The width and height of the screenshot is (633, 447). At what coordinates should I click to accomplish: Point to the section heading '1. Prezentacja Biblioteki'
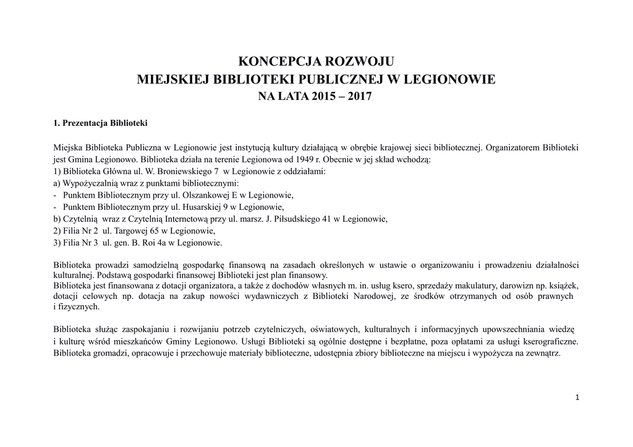(x=101, y=123)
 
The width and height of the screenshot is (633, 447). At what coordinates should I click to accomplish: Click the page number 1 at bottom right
(x=577, y=398)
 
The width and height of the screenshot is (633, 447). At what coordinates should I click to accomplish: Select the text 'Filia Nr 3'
(x=76, y=243)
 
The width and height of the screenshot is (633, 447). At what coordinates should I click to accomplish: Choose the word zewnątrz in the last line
(x=542, y=354)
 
